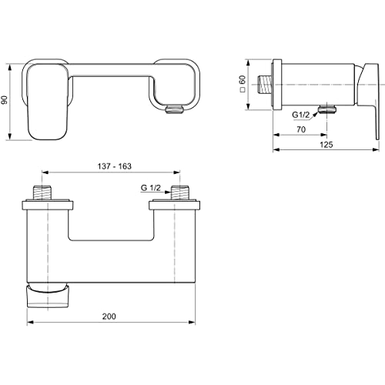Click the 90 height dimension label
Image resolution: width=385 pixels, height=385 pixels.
pyautogui.click(x=5, y=100)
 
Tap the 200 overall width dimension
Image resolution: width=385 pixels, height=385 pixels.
pyautogui.click(x=109, y=316)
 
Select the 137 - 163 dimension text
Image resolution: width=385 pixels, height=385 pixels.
pyautogui.click(x=115, y=166)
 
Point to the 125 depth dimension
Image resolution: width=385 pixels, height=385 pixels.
pyautogui.click(x=326, y=145)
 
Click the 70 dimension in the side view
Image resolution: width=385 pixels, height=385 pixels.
pyautogui.click(x=301, y=129)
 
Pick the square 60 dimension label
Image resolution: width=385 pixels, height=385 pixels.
pyautogui.click(x=243, y=84)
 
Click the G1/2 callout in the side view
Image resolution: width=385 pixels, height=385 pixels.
pyautogui.click(x=301, y=115)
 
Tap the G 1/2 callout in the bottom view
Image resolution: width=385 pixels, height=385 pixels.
pyautogui.click(x=151, y=188)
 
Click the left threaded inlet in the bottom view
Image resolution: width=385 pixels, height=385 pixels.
pyautogui.click(x=43, y=192)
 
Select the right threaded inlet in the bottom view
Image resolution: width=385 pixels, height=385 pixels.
pyautogui.click(x=179, y=192)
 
